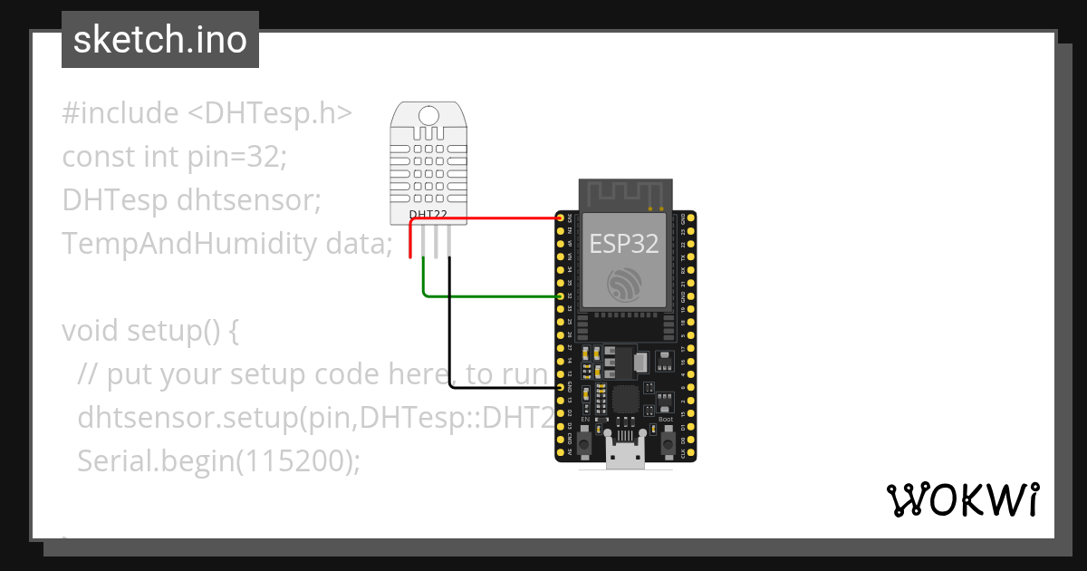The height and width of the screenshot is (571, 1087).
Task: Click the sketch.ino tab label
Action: click(x=159, y=40)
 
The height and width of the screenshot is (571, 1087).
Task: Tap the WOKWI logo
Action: click(x=962, y=499)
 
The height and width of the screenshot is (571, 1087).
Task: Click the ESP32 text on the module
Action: click(x=624, y=243)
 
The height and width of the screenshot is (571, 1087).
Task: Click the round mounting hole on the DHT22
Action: click(x=428, y=115)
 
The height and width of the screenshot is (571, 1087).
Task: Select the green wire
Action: click(x=489, y=295)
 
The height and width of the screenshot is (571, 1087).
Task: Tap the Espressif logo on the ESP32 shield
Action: click(x=625, y=285)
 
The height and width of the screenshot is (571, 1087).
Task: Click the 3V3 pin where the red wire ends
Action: click(x=561, y=218)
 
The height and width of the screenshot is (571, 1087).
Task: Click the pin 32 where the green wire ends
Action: click(x=561, y=296)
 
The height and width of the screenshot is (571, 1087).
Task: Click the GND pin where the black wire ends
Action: click(x=561, y=387)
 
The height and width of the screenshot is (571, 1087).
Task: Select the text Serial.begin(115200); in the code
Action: click(x=219, y=460)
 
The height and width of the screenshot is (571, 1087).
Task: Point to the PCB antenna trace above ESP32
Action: click(x=625, y=193)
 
